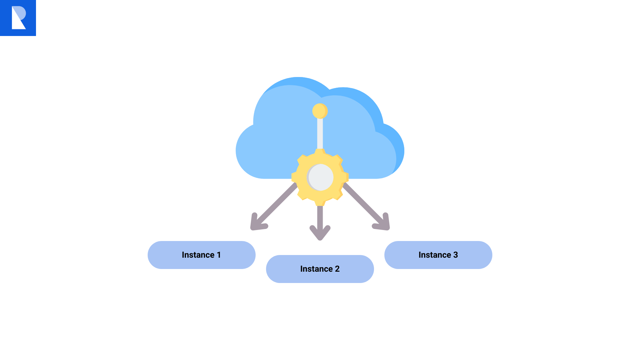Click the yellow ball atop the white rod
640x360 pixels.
point(320,111)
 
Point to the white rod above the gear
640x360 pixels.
point(320,133)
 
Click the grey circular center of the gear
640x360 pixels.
point(320,177)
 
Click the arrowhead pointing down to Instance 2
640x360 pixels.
point(320,233)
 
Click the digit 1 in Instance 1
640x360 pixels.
point(219,255)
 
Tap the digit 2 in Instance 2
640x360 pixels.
point(337,269)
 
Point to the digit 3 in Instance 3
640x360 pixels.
point(455,255)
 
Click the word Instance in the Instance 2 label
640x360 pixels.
point(316,269)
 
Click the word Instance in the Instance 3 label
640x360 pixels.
point(435,255)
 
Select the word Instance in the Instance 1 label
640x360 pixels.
point(198,255)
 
